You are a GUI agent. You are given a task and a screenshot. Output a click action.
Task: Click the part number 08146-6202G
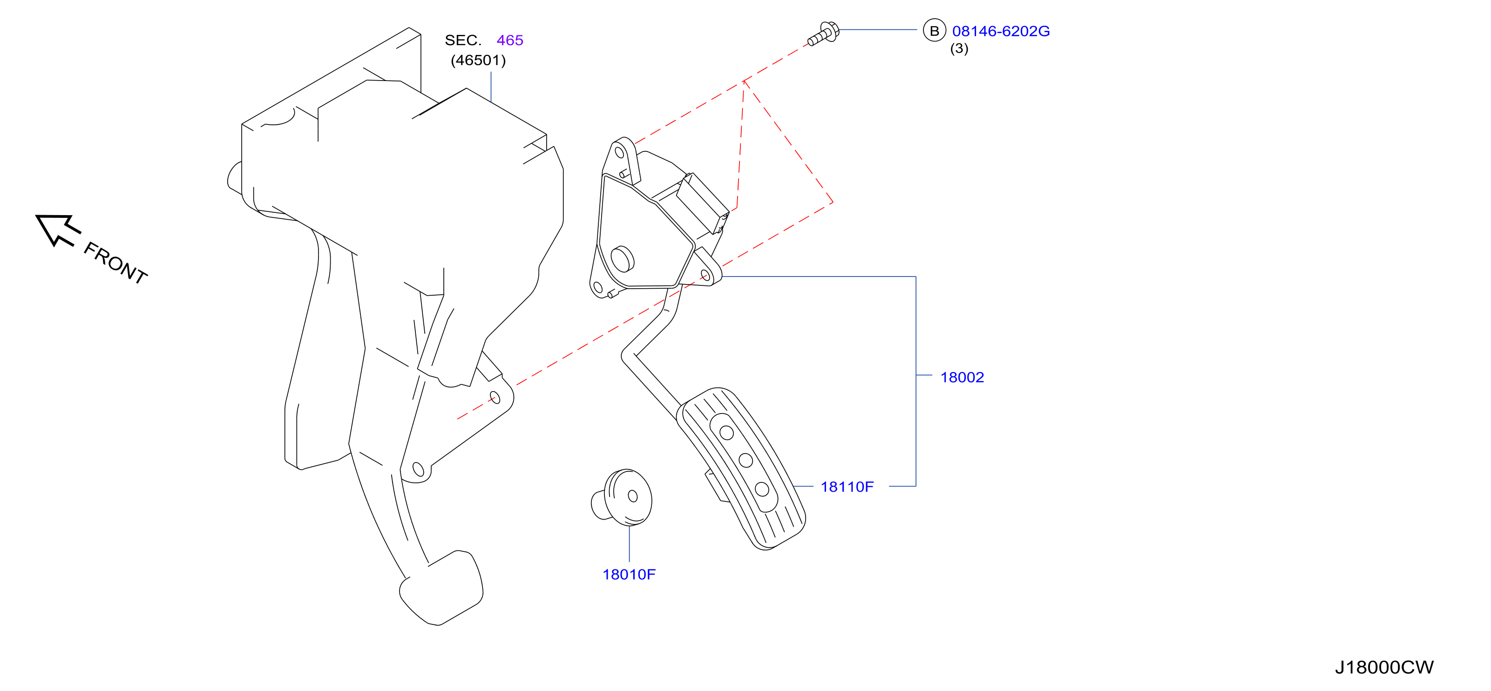point(1001,31)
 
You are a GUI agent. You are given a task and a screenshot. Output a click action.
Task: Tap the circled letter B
point(934,31)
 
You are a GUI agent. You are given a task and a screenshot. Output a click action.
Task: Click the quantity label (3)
point(959,48)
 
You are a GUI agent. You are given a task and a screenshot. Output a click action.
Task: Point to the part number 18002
point(962,377)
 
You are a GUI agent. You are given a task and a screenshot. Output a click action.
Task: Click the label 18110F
point(847,487)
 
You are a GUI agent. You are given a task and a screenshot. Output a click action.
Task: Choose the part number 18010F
point(629,575)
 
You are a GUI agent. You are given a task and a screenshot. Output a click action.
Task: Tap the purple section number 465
point(510,41)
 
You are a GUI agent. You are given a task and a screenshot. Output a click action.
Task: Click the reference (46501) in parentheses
point(478,60)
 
